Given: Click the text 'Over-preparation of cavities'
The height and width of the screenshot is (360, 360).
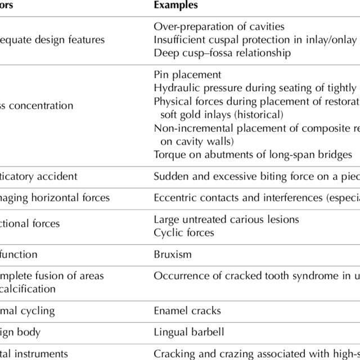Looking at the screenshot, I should click(x=219, y=26).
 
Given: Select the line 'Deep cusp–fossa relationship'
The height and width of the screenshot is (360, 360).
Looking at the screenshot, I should click(x=222, y=53).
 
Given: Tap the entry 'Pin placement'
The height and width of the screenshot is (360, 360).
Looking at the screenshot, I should click(x=187, y=75).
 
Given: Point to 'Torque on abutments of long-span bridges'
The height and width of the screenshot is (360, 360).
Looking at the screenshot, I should click(x=253, y=155).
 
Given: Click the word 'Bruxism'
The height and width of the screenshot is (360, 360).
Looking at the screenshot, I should click(x=173, y=254).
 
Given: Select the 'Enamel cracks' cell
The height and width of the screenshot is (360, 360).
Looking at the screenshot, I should click(x=187, y=310).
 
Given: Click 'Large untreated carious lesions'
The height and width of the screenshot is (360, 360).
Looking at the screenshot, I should click(x=226, y=219).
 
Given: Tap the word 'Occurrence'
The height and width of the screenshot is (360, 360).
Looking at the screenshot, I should click(x=179, y=276).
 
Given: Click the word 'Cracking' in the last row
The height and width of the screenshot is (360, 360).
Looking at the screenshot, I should click(x=173, y=354).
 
